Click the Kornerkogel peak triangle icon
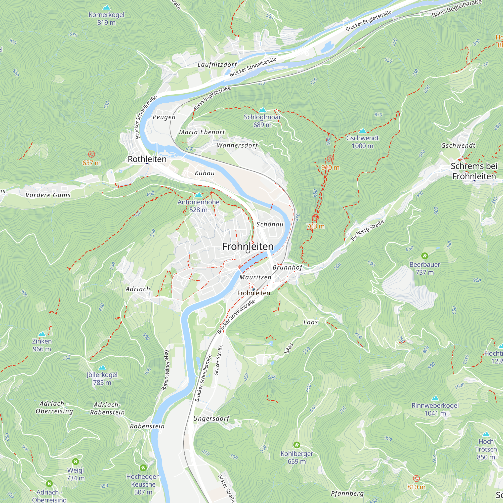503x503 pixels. click(106, 8)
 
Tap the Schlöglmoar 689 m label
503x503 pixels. click(262, 121)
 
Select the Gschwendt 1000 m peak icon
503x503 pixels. click(362, 131)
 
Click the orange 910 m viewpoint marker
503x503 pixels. click(330, 159)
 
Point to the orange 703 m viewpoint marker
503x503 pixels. click(315, 218)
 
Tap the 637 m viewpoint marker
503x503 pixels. click(91, 154)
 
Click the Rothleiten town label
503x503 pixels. click(147, 159)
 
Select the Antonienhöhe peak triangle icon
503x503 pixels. click(198, 195)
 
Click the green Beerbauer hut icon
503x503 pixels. click(425, 256)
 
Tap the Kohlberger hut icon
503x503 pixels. click(297, 445)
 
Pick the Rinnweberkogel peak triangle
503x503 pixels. click(435, 398)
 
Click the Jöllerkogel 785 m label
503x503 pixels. click(102, 379)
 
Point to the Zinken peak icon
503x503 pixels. click(42, 334)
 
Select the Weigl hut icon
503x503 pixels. click(75, 462)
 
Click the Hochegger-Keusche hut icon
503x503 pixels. click(143, 468)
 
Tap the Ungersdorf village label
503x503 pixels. click(211, 419)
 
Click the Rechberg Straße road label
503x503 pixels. click(367, 231)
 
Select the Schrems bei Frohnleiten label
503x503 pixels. click(474, 171)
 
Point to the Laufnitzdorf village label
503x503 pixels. click(217, 65)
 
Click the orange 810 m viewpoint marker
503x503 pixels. click(416, 478)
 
